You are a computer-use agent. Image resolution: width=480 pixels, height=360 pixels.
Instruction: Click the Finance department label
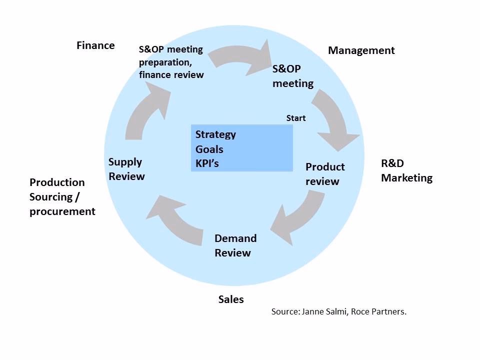click(95, 45)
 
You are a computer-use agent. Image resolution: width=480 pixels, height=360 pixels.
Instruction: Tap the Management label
click(361, 50)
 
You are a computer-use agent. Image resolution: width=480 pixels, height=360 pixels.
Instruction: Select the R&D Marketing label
click(406, 170)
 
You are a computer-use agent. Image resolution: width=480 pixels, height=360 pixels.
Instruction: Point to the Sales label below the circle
click(231, 299)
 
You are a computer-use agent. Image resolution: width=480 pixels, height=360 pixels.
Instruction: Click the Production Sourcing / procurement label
click(62, 196)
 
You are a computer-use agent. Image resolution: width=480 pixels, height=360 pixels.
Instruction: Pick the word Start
click(295, 118)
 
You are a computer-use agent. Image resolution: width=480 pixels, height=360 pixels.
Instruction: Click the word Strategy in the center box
click(215, 134)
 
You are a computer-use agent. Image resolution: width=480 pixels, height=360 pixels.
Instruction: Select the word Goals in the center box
click(209, 149)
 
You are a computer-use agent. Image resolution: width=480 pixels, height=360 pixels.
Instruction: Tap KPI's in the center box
click(207, 163)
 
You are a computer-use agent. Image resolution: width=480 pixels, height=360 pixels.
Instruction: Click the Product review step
click(325, 174)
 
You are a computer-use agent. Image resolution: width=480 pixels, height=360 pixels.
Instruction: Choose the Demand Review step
click(235, 245)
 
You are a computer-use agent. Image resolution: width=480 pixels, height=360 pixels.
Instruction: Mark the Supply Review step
click(126, 169)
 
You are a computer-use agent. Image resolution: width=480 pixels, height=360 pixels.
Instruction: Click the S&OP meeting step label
click(293, 76)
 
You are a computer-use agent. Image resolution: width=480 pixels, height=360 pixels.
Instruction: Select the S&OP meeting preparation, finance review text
click(171, 62)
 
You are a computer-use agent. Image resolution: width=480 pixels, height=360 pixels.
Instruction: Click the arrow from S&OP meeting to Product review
click(334, 118)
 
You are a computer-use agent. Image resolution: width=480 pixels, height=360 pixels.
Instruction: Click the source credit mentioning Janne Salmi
click(339, 311)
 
